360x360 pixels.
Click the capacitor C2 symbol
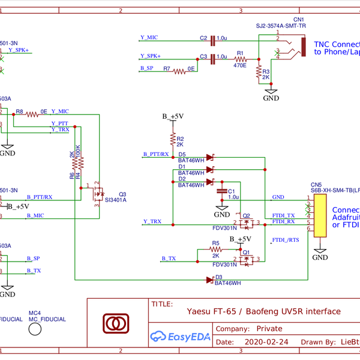(x=212, y=41)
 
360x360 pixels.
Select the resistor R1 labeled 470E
(x=240, y=59)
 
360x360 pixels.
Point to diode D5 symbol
(x=209, y=157)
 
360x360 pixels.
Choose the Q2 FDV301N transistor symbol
(x=245, y=223)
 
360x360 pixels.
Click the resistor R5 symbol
(x=215, y=251)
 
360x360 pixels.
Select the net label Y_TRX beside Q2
(x=152, y=221)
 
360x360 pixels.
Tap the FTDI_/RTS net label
(x=286, y=240)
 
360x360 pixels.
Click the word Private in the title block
(x=269, y=329)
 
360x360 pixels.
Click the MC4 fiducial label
(x=34, y=313)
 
